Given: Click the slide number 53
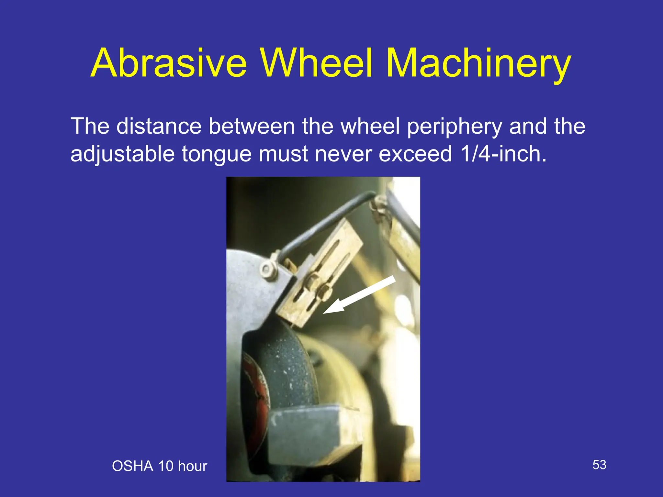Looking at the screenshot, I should pyautogui.click(x=599, y=465).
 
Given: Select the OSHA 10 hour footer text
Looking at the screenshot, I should pyautogui.click(x=159, y=466).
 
